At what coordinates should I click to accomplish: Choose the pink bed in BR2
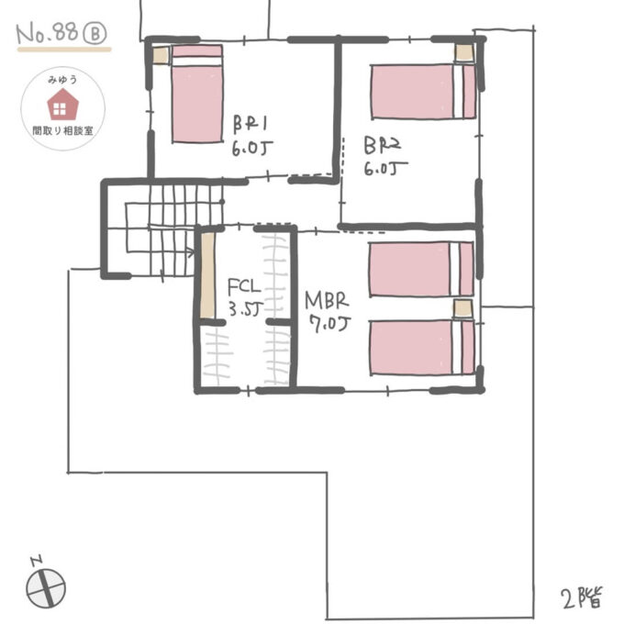pos(423,91)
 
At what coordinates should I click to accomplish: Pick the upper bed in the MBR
pos(421,268)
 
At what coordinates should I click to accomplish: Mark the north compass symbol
pos(45,585)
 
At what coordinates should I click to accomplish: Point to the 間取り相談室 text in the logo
pos(61,132)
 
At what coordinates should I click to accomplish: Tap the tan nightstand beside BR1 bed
pos(161,55)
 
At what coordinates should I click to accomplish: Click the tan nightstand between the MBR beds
pos(463,307)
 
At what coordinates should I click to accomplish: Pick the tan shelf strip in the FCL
pos(207,276)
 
